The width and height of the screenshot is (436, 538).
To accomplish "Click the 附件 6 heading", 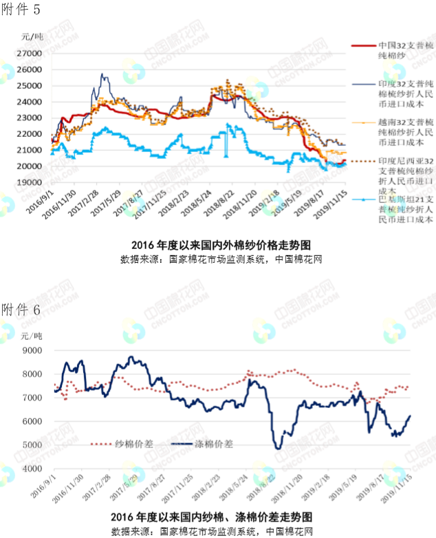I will coord(21,310).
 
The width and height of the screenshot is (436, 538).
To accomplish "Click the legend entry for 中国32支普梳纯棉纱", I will coord(406,49).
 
